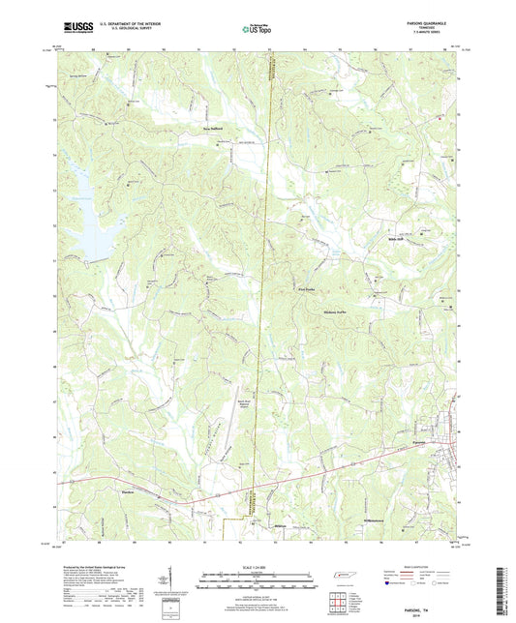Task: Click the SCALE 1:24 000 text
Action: pos(258,566)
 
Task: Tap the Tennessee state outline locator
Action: pos(344,577)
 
